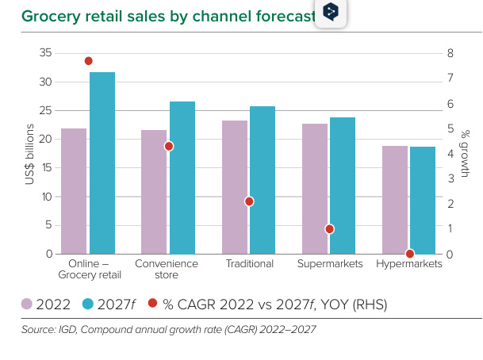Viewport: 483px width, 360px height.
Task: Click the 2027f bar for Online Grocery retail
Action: (x=102, y=163)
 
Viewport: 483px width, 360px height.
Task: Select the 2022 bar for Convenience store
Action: (x=154, y=192)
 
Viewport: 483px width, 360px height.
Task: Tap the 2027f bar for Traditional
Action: (x=263, y=180)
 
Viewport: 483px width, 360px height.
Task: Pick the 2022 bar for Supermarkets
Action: (x=314, y=189)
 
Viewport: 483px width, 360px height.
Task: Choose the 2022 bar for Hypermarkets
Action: (x=395, y=200)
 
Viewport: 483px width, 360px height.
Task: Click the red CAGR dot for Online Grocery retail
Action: (x=89, y=61)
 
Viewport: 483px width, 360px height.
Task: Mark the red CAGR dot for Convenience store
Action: (x=169, y=146)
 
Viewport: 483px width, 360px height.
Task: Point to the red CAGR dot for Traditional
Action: (x=249, y=201)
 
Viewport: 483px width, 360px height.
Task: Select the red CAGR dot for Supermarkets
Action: (x=330, y=229)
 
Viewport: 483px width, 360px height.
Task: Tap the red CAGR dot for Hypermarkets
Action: (x=410, y=254)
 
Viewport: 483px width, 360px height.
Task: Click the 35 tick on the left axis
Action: (x=45, y=53)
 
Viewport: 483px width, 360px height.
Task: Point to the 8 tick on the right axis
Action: (x=450, y=53)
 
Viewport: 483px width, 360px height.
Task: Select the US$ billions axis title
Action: (x=29, y=153)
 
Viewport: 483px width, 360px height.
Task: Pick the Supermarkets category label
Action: (x=329, y=263)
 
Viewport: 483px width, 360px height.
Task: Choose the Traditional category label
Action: (x=249, y=263)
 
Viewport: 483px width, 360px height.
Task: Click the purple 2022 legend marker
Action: (x=27, y=304)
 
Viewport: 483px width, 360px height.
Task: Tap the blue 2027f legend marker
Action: (x=89, y=304)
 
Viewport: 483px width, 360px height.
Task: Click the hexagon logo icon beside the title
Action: (x=332, y=13)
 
